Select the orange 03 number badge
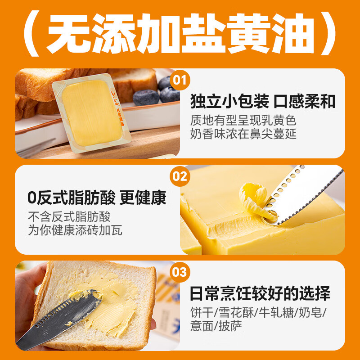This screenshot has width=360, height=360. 180,272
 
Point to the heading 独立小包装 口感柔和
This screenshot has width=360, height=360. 263,102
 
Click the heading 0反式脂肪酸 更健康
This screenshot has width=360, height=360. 97,198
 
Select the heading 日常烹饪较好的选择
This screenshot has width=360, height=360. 260,294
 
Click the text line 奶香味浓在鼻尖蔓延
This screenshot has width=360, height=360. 243,134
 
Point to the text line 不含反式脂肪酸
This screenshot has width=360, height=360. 69,216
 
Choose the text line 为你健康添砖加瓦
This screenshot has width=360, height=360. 75,230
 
